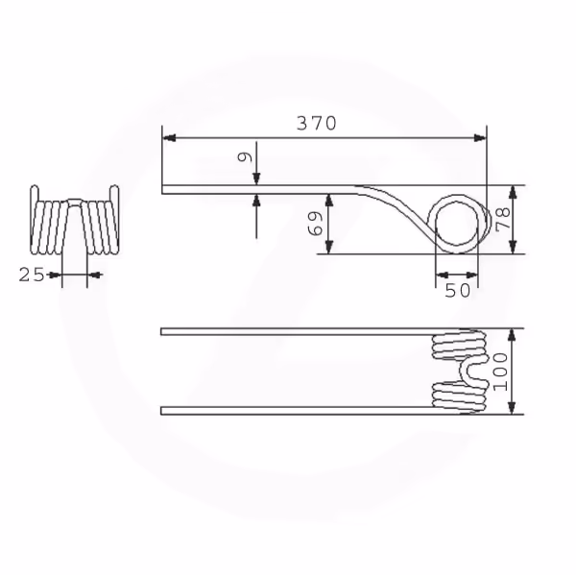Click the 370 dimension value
click(316, 123)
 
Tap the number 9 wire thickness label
click(245, 156)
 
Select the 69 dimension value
click(315, 224)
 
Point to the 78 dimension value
click(503, 220)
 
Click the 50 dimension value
click(457, 291)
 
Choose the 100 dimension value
click(500, 371)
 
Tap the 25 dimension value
click(32, 275)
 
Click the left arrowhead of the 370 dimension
click(169, 138)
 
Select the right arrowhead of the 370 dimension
click(480, 138)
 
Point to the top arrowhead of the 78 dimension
click(513, 192)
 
